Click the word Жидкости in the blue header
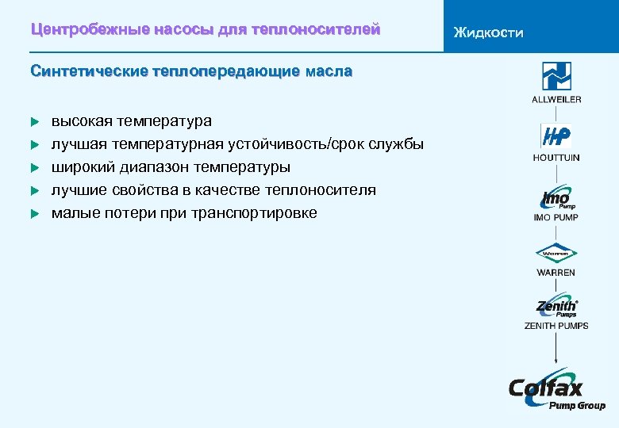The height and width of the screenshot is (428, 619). tap(488, 32)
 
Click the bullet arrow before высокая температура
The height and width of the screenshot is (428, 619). tap(34, 122)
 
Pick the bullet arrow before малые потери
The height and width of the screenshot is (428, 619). tap(34, 213)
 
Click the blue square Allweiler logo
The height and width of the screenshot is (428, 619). tap(556, 76)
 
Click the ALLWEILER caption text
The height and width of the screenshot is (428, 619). tap(556, 99)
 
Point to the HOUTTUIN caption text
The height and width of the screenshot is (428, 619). tap(556, 158)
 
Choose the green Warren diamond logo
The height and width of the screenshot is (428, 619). tap(556, 254)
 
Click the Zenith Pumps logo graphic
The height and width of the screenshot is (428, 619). tap(556, 307)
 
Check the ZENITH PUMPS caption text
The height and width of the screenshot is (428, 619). tap(556, 325)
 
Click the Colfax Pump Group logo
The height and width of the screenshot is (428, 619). tap(556, 390)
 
